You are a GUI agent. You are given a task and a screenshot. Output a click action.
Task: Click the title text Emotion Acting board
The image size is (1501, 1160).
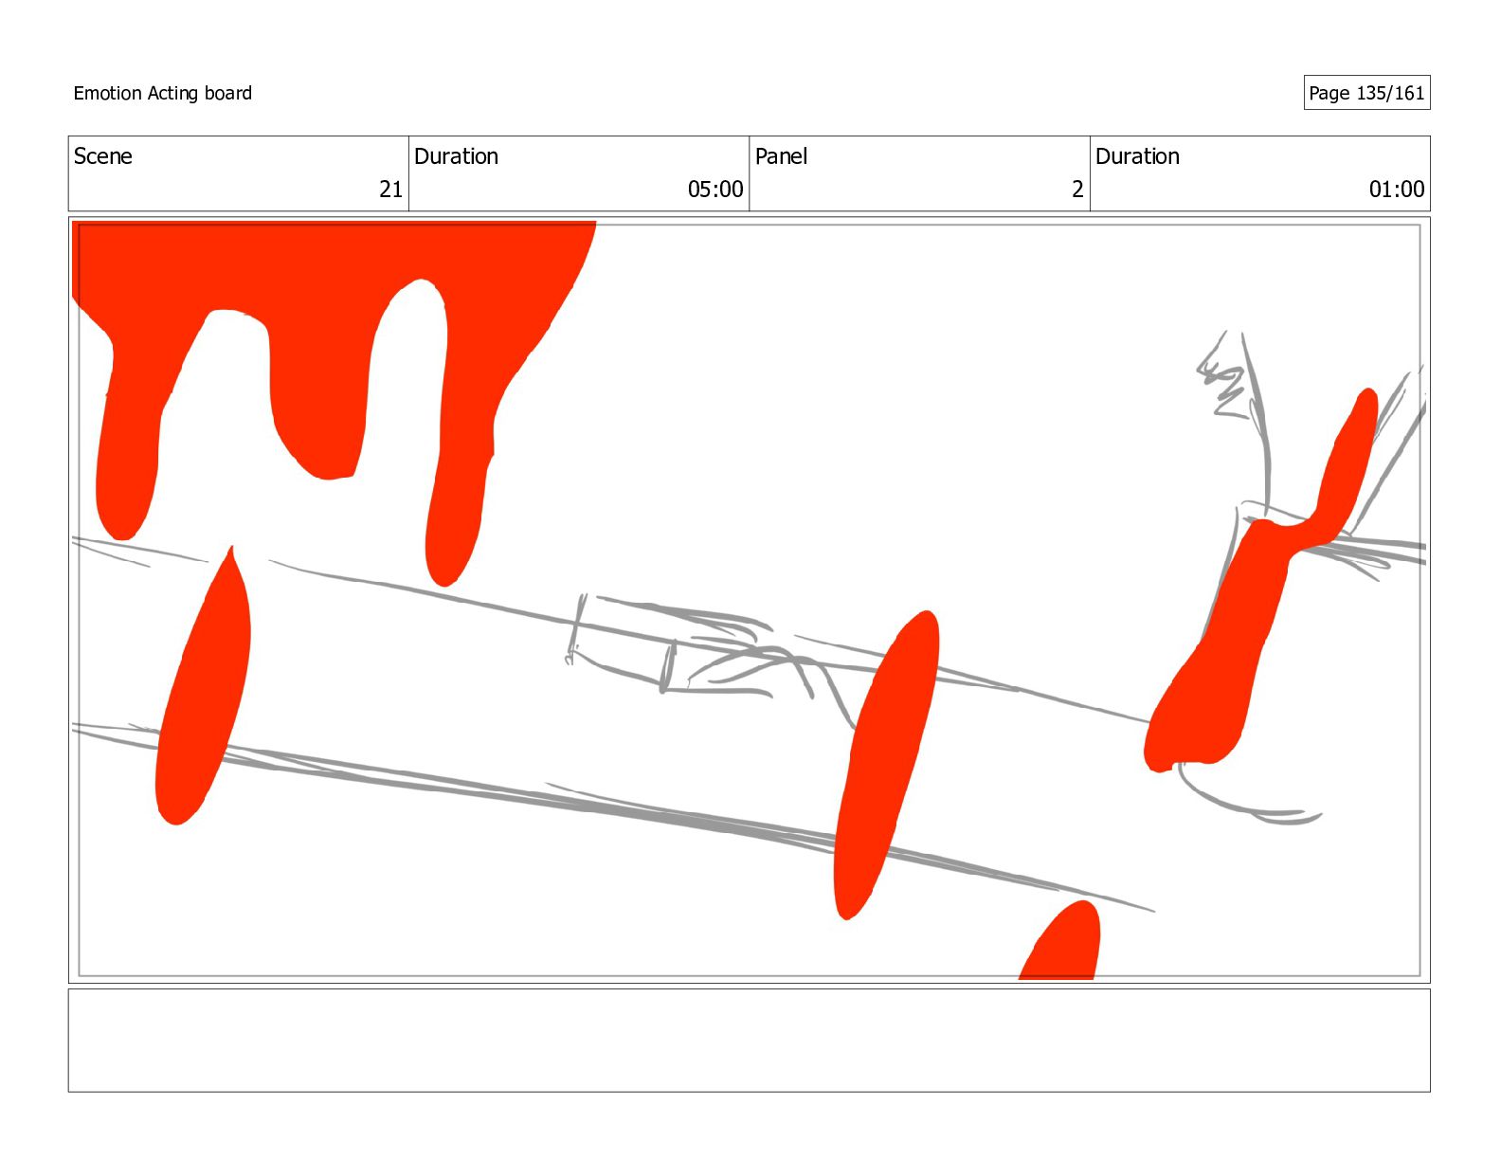click(x=162, y=93)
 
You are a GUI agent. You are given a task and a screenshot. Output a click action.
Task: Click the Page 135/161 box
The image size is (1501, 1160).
click(x=1366, y=93)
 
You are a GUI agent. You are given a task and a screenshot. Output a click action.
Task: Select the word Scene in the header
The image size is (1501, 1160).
click(x=102, y=156)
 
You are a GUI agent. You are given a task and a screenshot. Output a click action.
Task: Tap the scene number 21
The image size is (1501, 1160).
click(x=390, y=190)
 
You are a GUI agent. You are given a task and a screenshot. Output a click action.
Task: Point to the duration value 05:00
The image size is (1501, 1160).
click(x=714, y=190)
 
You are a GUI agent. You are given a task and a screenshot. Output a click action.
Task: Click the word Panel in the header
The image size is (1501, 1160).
click(x=781, y=156)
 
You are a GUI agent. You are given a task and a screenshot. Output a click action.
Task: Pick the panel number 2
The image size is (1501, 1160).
click(x=1076, y=190)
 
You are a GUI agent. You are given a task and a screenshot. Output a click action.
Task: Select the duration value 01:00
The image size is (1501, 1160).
click(x=1396, y=190)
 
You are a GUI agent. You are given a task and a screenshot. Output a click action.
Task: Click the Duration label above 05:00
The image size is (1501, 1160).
click(x=456, y=156)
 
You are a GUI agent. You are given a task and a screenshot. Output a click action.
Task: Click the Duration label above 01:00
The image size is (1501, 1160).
click(x=1137, y=156)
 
